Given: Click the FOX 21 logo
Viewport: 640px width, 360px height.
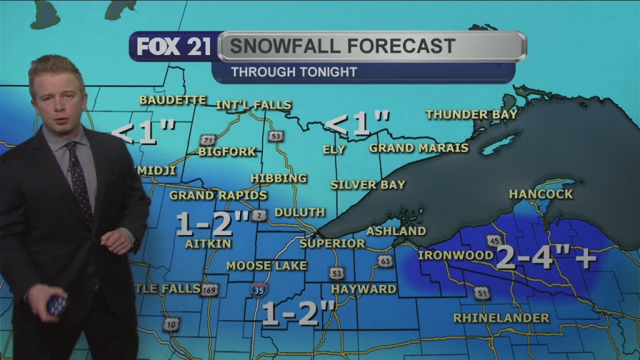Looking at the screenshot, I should point(173,47).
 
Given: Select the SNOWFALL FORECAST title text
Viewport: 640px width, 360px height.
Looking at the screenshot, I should point(342,46).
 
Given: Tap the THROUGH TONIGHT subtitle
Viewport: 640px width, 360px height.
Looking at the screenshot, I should point(294,72).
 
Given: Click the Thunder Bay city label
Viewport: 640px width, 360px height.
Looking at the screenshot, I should point(471,114).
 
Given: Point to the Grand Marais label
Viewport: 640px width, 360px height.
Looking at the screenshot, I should point(418,148).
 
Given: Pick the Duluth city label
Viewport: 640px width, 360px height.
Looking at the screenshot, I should point(299,212).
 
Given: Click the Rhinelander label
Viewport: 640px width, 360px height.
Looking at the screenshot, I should point(501,318).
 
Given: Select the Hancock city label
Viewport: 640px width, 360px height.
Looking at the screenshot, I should point(541,194).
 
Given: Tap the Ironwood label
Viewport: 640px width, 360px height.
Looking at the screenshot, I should point(455,255).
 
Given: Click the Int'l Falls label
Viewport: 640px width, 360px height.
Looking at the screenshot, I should point(254,105).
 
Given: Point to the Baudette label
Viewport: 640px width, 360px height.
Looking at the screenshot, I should point(172,100).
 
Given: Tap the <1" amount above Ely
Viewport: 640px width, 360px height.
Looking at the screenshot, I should point(358,123).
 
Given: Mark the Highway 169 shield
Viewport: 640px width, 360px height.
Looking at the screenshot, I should point(210,290).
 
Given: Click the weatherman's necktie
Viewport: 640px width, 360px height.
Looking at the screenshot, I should point(80,181).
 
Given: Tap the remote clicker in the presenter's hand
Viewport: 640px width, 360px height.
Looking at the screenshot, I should point(56,304).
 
